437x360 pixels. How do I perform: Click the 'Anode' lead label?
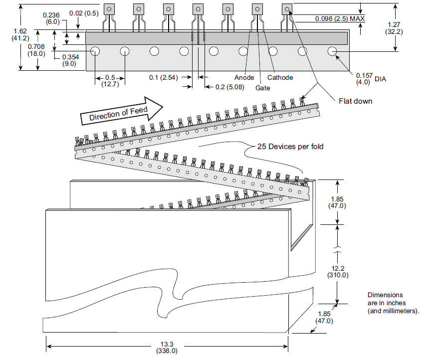[244, 77]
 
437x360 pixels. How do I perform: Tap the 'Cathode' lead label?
[280, 77]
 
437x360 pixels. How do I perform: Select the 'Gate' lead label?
[262, 88]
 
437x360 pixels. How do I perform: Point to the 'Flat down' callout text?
[355, 101]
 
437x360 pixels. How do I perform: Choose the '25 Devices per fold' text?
[290, 147]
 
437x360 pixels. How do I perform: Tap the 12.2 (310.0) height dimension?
[338, 271]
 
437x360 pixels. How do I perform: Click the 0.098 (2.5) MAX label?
[339, 18]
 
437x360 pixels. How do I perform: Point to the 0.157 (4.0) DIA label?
[367, 78]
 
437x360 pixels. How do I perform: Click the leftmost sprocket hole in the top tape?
[95, 51]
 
